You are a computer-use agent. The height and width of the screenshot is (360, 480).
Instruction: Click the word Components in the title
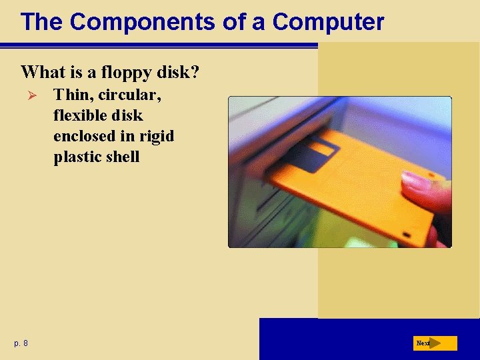[142, 22]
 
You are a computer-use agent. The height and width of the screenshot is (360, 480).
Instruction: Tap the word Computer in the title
[328, 22]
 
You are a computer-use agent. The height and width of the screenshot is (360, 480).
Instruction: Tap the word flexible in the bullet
[78, 115]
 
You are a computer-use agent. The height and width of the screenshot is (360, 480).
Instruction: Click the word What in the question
[42, 71]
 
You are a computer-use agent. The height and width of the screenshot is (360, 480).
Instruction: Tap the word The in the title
[41, 22]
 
